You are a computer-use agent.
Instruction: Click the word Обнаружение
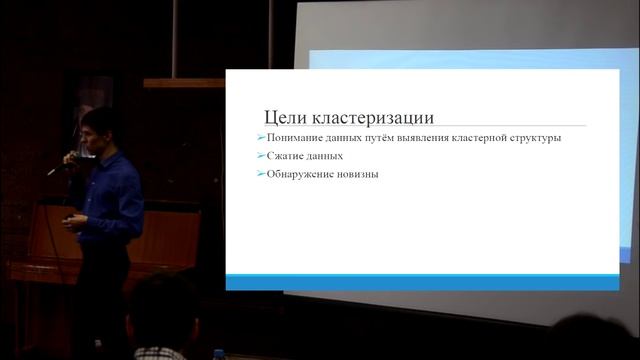coord(301,175)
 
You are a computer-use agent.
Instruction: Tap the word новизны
coord(358,175)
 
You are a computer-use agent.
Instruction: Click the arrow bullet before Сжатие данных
coord(260,156)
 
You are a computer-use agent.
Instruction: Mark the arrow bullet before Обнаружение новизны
coord(260,175)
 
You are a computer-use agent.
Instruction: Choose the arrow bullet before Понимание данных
coord(260,137)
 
